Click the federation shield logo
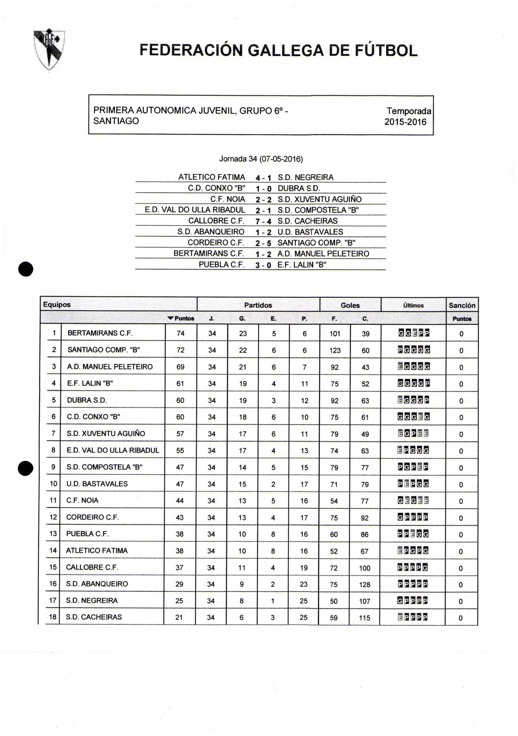click(49, 49)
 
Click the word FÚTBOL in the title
click(386, 50)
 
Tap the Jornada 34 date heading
click(261, 159)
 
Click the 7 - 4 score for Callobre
click(263, 221)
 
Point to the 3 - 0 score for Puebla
click(263, 265)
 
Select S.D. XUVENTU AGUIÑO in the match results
click(319, 199)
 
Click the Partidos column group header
click(258, 305)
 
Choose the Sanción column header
click(462, 305)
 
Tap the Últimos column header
click(413, 306)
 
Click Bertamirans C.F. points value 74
click(181, 333)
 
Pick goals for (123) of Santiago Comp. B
click(335, 350)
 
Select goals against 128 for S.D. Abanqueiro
click(365, 584)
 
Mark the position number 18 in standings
click(53, 617)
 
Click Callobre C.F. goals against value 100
click(365, 568)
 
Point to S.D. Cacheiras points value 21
click(179, 617)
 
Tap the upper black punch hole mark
click(26, 269)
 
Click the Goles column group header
click(350, 305)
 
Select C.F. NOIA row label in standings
click(82, 500)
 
